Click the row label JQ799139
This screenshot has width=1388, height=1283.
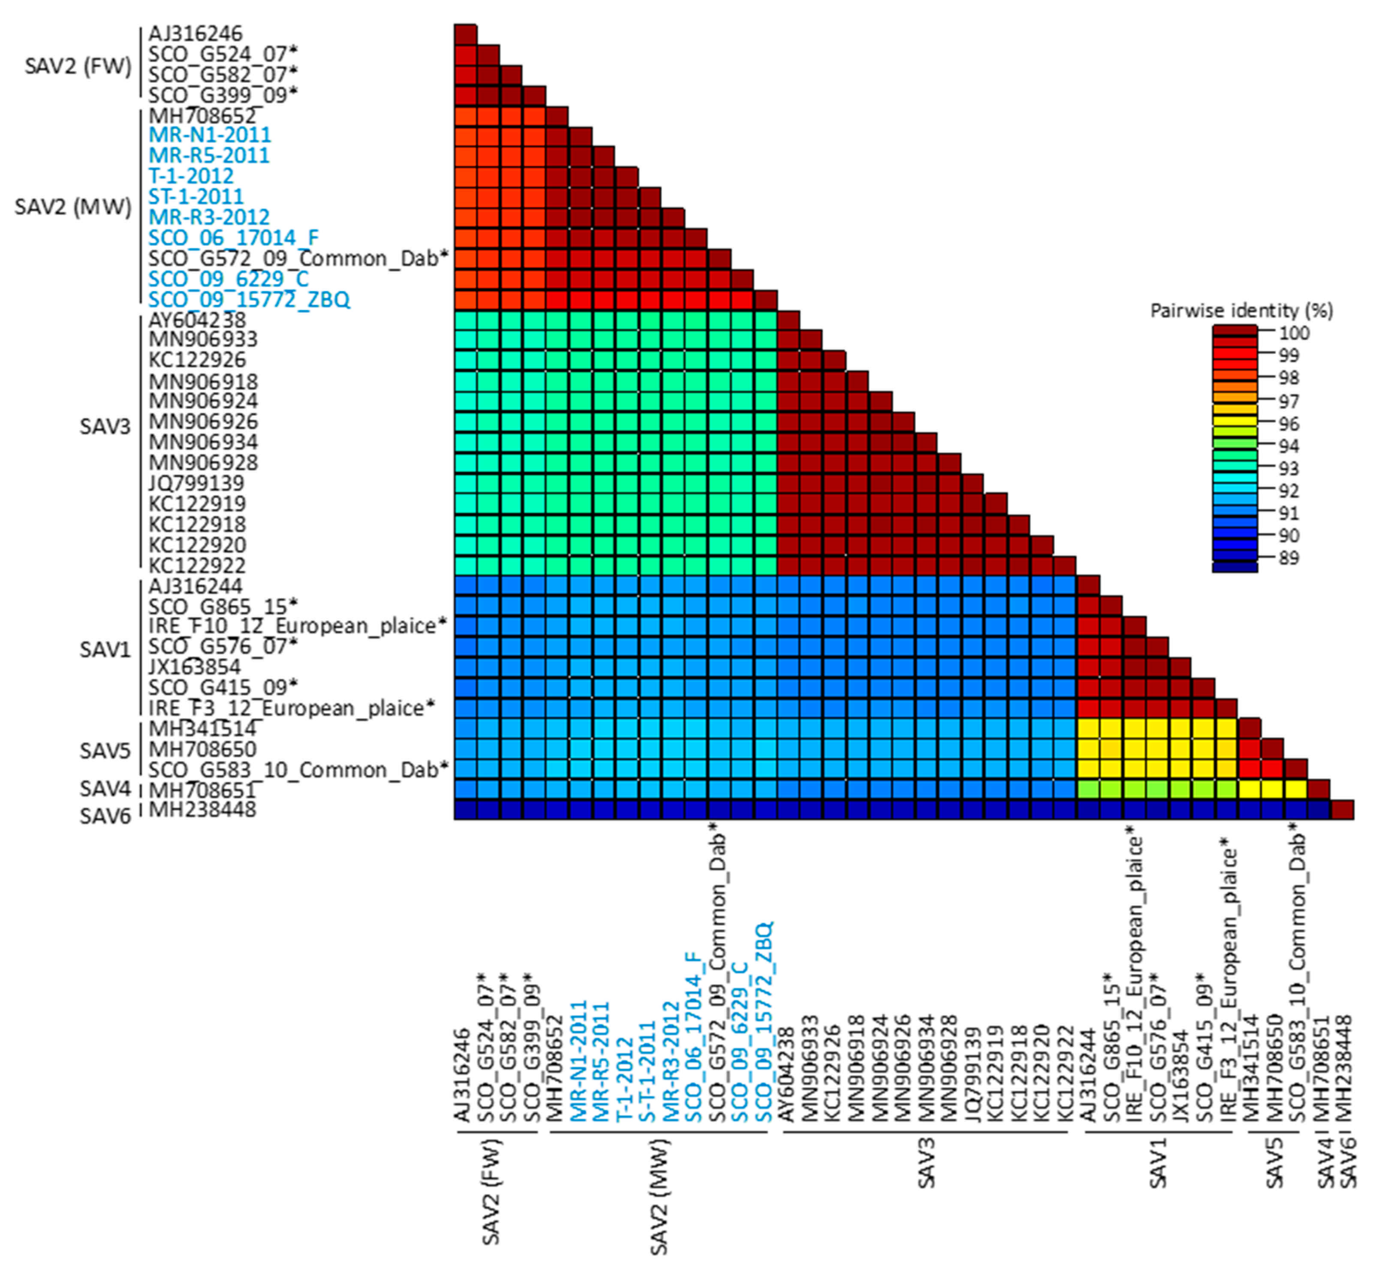196,483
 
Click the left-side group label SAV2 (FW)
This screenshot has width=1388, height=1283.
78,66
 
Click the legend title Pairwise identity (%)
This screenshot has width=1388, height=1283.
1241,310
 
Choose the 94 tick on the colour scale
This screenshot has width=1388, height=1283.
1289,446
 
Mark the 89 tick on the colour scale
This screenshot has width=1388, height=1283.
1289,557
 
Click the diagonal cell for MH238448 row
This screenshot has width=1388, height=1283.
1342,810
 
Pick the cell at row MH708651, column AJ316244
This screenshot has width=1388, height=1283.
1088,789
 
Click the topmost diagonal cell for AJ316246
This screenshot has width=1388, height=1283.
465,34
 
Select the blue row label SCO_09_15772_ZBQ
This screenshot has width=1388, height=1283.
249,300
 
